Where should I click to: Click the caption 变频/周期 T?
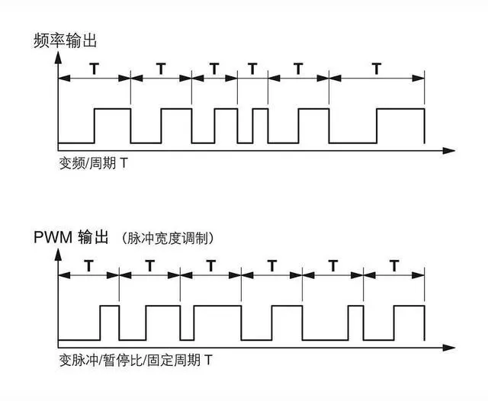click(x=88, y=164)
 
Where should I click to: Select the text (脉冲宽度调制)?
click(x=167, y=239)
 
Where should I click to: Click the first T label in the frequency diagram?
click(x=94, y=69)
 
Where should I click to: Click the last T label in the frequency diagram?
click(x=376, y=69)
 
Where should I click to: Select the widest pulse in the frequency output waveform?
click(x=400, y=126)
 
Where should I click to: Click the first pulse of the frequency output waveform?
click(x=112, y=126)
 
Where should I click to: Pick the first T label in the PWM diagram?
click(x=88, y=267)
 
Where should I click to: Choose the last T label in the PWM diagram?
click(x=393, y=267)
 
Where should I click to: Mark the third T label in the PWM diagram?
click(x=210, y=267)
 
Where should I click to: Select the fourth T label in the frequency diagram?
click(x=252, y=69)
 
